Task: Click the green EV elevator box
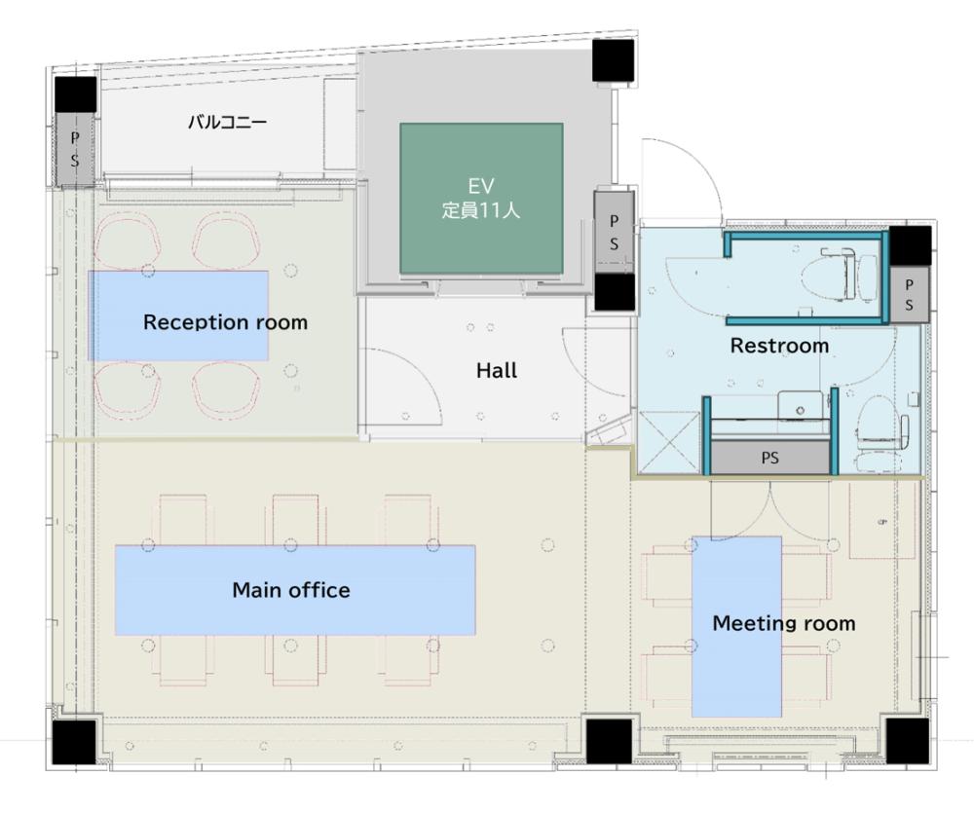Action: (x=481, y=199)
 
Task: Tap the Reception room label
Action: (x=226, y=322)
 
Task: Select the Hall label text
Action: (x=497, y=371)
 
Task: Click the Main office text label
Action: (x=290, y=590)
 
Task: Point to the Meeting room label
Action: (x=784, y=623)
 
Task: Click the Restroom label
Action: (x=779, y=346)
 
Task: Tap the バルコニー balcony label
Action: (x=227, y=122)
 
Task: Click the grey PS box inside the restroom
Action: (x=770, y=458)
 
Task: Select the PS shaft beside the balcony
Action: (x=75, y=149)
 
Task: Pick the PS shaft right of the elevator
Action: (x=614, y=233)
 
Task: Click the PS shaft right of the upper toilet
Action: (x=910, y=295)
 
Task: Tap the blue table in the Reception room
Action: (x=179, y=315)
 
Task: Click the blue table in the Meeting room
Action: (x=736, y=627)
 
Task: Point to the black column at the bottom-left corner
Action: (x=74, y=742)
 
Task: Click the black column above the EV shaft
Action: (x=613, y=60)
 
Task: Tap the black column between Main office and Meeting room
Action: (x=609, y=742)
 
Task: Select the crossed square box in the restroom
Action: (x=668, y=442)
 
